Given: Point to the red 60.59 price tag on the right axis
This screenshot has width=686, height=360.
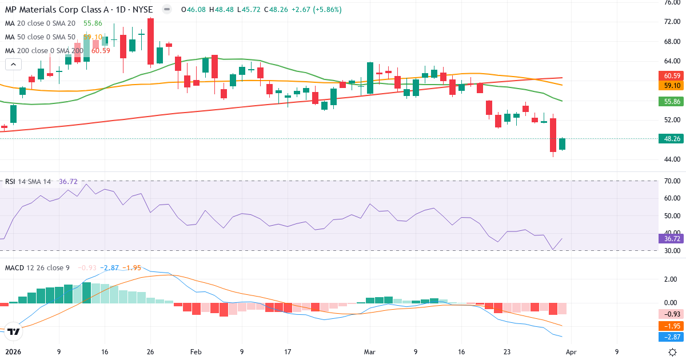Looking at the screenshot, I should [x=672, y=75].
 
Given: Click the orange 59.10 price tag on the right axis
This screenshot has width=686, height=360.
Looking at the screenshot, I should [x=672, y=86].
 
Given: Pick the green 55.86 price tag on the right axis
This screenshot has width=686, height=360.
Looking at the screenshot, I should [x=672, y=102].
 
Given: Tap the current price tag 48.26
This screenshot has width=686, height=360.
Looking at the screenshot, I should [x=672, y=139].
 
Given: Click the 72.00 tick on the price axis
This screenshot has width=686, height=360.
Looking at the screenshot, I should [x=672, y=22].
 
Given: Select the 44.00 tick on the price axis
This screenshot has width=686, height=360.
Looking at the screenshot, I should [x=672, y=159].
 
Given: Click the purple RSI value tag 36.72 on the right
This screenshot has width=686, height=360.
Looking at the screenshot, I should [x=672, y=239].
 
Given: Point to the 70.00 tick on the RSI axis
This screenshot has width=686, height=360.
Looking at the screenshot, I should [x=672, y=181].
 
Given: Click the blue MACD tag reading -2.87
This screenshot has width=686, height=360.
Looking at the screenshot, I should [x=672, y=337].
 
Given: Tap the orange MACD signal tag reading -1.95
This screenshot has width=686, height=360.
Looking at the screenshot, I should [x=672, y=326].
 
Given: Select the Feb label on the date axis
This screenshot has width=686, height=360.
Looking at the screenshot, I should [x=196, y=352].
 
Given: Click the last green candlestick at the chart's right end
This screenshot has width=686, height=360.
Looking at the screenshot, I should [x=562, y=144].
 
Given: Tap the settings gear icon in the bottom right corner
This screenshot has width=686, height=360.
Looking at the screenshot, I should [x=673, y=351].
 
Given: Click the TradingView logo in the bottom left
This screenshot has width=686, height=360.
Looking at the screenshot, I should [x=14, y=331].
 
